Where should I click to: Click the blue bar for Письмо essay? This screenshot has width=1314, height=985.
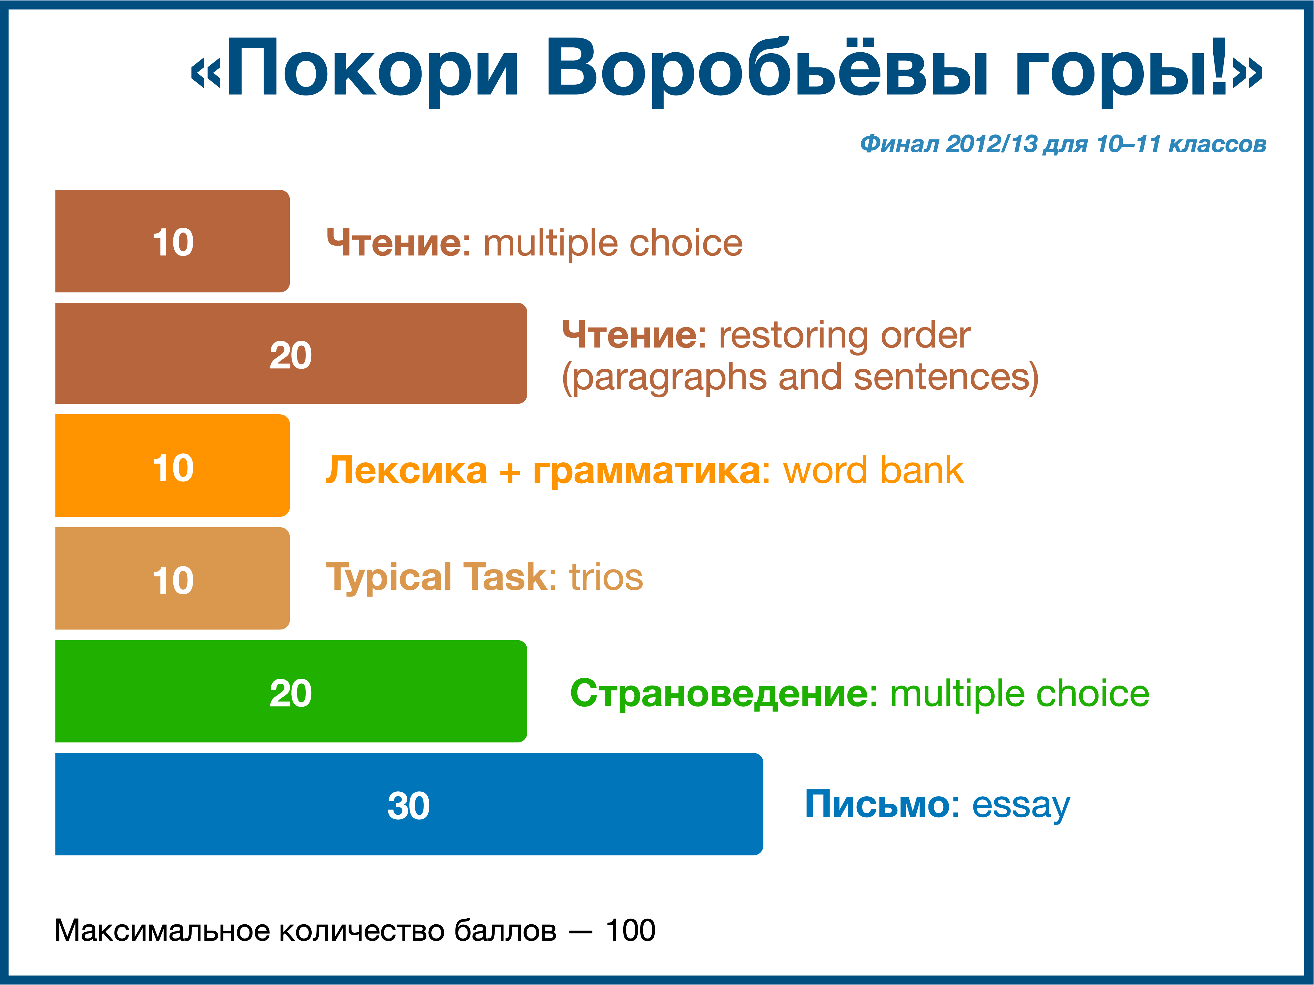409,804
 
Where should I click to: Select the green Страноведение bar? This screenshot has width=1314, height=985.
291,691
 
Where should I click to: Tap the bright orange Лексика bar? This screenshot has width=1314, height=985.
172,465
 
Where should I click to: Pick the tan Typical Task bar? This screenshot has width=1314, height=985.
172,578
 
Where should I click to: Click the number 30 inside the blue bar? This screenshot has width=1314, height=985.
409,806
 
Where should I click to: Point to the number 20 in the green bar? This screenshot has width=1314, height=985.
291,693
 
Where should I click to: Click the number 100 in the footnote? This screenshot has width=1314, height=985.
630,931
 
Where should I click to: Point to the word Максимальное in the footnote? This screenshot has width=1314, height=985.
163,931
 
